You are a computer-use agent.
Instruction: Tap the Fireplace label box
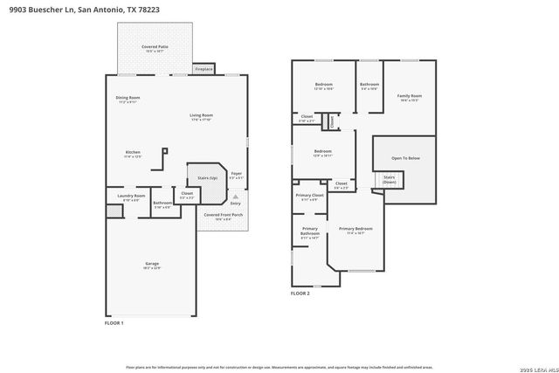point(204,68)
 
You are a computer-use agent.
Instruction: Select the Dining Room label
point(128,99)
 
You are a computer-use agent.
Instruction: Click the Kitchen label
point(132,155)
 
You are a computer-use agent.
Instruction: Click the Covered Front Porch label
point(223,216)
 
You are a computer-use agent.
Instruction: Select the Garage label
point(151,264)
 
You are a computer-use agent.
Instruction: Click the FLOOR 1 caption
point(114,323)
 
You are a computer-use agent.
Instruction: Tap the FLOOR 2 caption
point(300,294)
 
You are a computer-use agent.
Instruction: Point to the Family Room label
point(409,97)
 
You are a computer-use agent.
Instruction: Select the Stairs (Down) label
point(390,178)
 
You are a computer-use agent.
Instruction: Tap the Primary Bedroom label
point(355,231)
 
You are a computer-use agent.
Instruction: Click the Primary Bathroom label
point(310,233)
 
